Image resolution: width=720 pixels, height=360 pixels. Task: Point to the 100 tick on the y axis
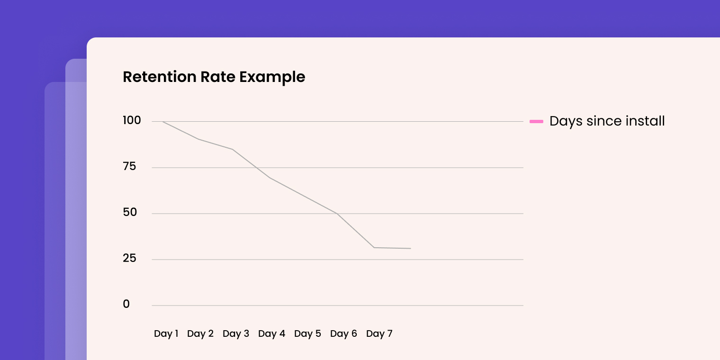pyautogui.click(x=132, y=120)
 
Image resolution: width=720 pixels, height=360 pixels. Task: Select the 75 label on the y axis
pyautogui.click(x=129, y=166)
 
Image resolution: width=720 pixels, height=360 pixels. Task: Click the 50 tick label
pyautogui.click(x=129, y=212)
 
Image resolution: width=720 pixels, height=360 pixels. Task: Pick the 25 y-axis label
pyautogui.click(x=129, y=258)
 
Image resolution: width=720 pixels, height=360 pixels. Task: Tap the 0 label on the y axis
pyautogui.click(x=126, y=304)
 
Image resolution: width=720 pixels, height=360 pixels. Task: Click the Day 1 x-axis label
pyautogui.click(x=166, y=333)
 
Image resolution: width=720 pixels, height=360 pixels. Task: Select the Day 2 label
pyautogui.click(x=200, y=333)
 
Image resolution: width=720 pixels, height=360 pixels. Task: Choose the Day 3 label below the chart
pyautogui.click(x=236, y=333)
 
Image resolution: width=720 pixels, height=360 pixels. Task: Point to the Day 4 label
pyautogui.click(x=271, y=333)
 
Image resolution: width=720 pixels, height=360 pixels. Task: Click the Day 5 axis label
pyautogui.click(x=307, y=333)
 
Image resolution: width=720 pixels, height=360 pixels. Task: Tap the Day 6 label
pyautogui.click(x=343, y=333)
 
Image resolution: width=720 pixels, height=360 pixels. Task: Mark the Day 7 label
pyautogui.click(x=379, y=333)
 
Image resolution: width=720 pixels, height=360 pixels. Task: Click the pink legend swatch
pyautogui.click(x=536, y=122)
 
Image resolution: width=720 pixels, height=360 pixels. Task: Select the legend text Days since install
pyautogui.click(x=607, y=121)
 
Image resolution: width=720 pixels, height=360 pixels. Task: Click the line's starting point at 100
pyautogui.click(x=163, y=122)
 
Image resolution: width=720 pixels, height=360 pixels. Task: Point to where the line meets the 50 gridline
pyautogui.click(x=337, y=214)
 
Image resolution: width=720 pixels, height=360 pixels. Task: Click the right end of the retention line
pyautogui.click(x=410, y=248)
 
